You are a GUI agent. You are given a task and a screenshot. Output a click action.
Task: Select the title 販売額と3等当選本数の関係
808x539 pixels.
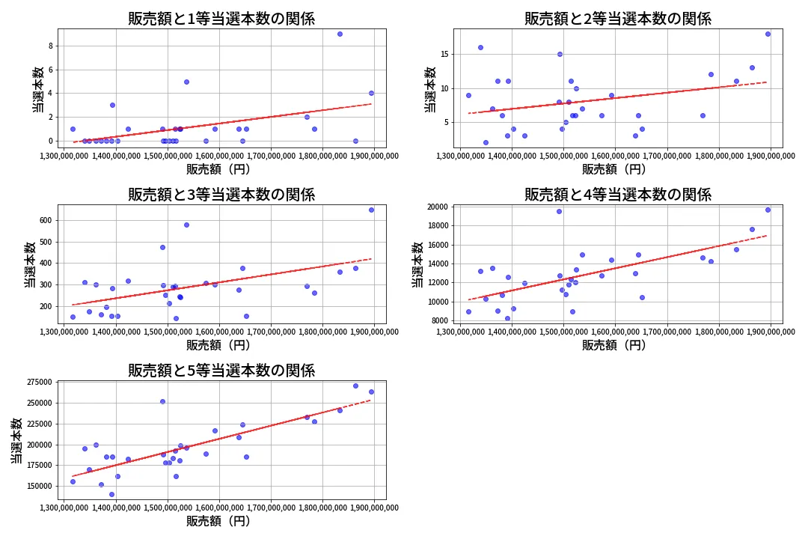pyautogui.click(x=221, y=195)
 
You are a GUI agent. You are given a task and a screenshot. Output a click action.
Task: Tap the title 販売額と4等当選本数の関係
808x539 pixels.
pyautogui.click(x=617, y=195)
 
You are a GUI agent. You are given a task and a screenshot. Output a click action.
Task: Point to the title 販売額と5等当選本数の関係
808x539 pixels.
pyautogui.click(x=221, y=371)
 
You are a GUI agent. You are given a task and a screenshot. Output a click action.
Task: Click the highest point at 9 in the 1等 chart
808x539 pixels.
pyautogui.click(x=340, y=34)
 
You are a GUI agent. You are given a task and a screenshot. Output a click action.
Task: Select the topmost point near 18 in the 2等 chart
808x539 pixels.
pyautogui.click(x=768, y=34)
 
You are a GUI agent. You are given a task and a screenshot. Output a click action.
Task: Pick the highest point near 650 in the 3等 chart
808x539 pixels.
pyautogui.click(x=371, y=210)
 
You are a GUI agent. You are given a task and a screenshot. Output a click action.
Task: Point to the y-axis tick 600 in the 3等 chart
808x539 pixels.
pyautogui.click(x=43, y=220)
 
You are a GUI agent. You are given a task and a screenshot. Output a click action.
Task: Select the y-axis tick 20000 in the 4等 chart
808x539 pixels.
pyautogui.click(x=435, y=207)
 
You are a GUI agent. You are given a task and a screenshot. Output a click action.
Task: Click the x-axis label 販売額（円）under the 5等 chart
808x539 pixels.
pyautogui.click(x=218, y=521)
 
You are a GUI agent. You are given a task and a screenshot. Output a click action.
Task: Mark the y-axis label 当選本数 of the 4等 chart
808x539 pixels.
pyautogui.click(x=417, y=264)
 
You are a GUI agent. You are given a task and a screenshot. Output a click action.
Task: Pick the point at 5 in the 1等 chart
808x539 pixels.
pyautogui.click(x=186, y=82)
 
